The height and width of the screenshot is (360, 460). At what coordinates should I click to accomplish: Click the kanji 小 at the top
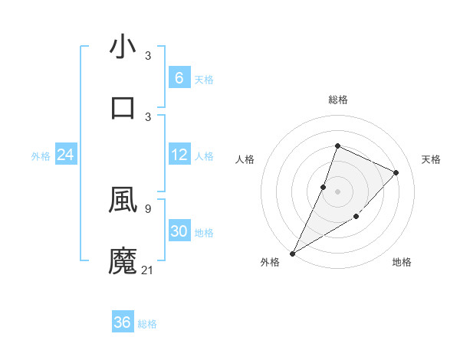[x=123, y=47]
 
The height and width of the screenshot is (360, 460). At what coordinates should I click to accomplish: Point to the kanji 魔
[x=123, y=260]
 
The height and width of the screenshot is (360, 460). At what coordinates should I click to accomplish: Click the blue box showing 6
[x=179, y=77]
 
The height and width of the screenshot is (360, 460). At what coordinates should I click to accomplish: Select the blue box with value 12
[x=179, y=155]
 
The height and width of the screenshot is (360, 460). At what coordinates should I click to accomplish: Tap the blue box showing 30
[x=179, y=231]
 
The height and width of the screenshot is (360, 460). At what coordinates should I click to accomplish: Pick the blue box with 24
[x=65, y=155]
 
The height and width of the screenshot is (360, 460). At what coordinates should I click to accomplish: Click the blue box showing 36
[x=123, y=322]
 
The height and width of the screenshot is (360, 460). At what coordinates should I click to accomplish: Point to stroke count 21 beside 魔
[x=148, y=270]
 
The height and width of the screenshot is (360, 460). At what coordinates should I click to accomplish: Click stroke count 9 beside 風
[x=147, y=208]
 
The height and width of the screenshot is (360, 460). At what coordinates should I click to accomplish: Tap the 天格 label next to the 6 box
[x=204, y=79]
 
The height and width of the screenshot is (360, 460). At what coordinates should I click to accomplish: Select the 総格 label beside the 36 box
[x=147, y=324]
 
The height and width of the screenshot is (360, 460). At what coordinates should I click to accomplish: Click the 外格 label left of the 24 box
[x=41, y=156]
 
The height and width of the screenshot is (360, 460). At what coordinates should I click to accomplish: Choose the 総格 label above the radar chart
[x=337, y=100]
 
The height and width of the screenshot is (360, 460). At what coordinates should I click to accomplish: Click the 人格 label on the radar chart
[x=245, y=159]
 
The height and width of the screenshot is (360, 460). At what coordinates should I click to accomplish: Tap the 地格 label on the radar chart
[x=402, y=262]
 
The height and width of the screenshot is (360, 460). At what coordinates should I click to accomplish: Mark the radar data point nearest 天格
[x=396, y=172]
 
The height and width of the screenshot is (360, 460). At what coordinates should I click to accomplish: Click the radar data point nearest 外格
[x=293, y=253]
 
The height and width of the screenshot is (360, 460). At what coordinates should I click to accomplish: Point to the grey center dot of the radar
[x=337, y=191]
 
